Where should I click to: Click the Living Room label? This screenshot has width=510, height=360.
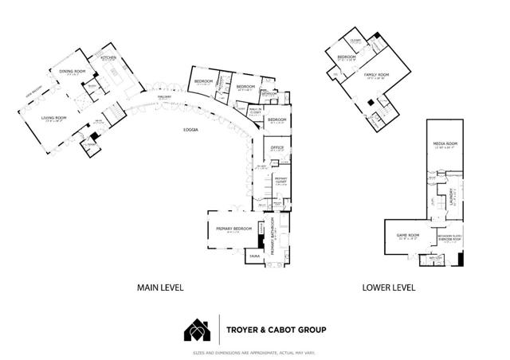(54, 118)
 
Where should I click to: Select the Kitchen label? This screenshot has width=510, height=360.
(108, 57)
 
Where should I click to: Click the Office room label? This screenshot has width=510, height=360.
(277, 147)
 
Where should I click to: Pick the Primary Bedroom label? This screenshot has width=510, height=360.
(233, 229)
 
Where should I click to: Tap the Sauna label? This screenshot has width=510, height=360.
(254, 256)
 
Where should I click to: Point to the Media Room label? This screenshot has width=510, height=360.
(443, 143)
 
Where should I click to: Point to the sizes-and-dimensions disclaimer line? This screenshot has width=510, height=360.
(254, 353)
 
